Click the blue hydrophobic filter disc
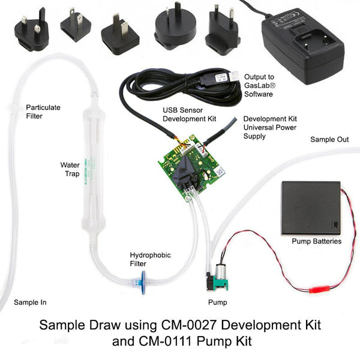[141, 279]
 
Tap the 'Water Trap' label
[70, 169]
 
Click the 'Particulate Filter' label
[43, 112]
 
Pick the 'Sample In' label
[30, 302]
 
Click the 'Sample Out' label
[329, 139]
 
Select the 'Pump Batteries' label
[316, 241]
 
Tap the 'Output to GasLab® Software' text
[259, 81]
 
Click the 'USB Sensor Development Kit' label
[187, 115]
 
